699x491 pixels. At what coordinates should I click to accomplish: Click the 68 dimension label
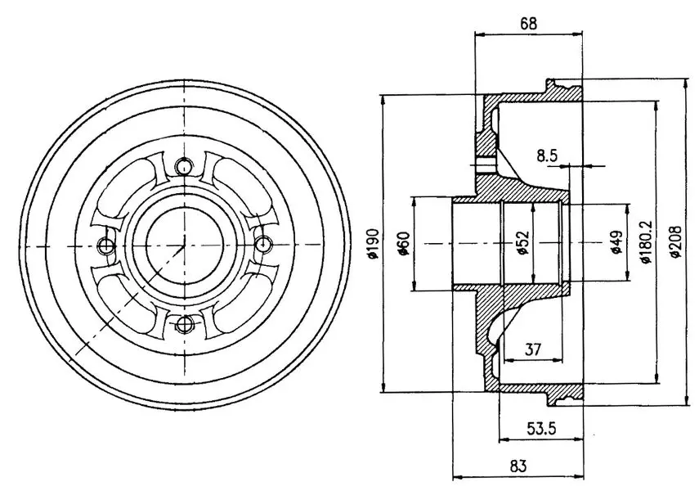click(x=528, y=23)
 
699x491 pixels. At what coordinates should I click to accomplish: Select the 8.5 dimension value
click(x=547, y=155)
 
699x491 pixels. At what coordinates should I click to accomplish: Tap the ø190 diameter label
click(x=373, y=243)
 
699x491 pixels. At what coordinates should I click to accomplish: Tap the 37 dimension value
click(x=532, y=349)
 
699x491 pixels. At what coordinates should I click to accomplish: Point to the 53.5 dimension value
click(x=542, y=429)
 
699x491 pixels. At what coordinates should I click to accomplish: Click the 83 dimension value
click(x=518, y=466)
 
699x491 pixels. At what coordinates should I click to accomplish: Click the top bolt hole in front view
click(x=183, y=166)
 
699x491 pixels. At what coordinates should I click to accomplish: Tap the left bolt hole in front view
click(x=105, y=245)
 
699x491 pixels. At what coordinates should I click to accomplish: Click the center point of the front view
click(x=184, y=245)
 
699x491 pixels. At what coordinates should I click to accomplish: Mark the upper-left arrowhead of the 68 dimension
click(x=480, y=34)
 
